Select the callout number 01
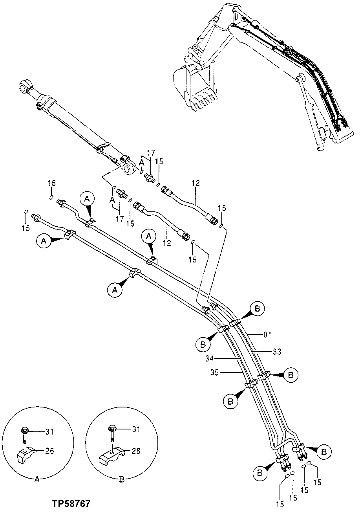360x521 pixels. (267, 335)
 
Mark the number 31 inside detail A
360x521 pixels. (49, 432)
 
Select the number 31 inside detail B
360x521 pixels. (136, 429)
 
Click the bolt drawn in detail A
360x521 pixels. (24, 435)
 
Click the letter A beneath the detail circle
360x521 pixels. (37, 479)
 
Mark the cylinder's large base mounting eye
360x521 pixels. (128, 169)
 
